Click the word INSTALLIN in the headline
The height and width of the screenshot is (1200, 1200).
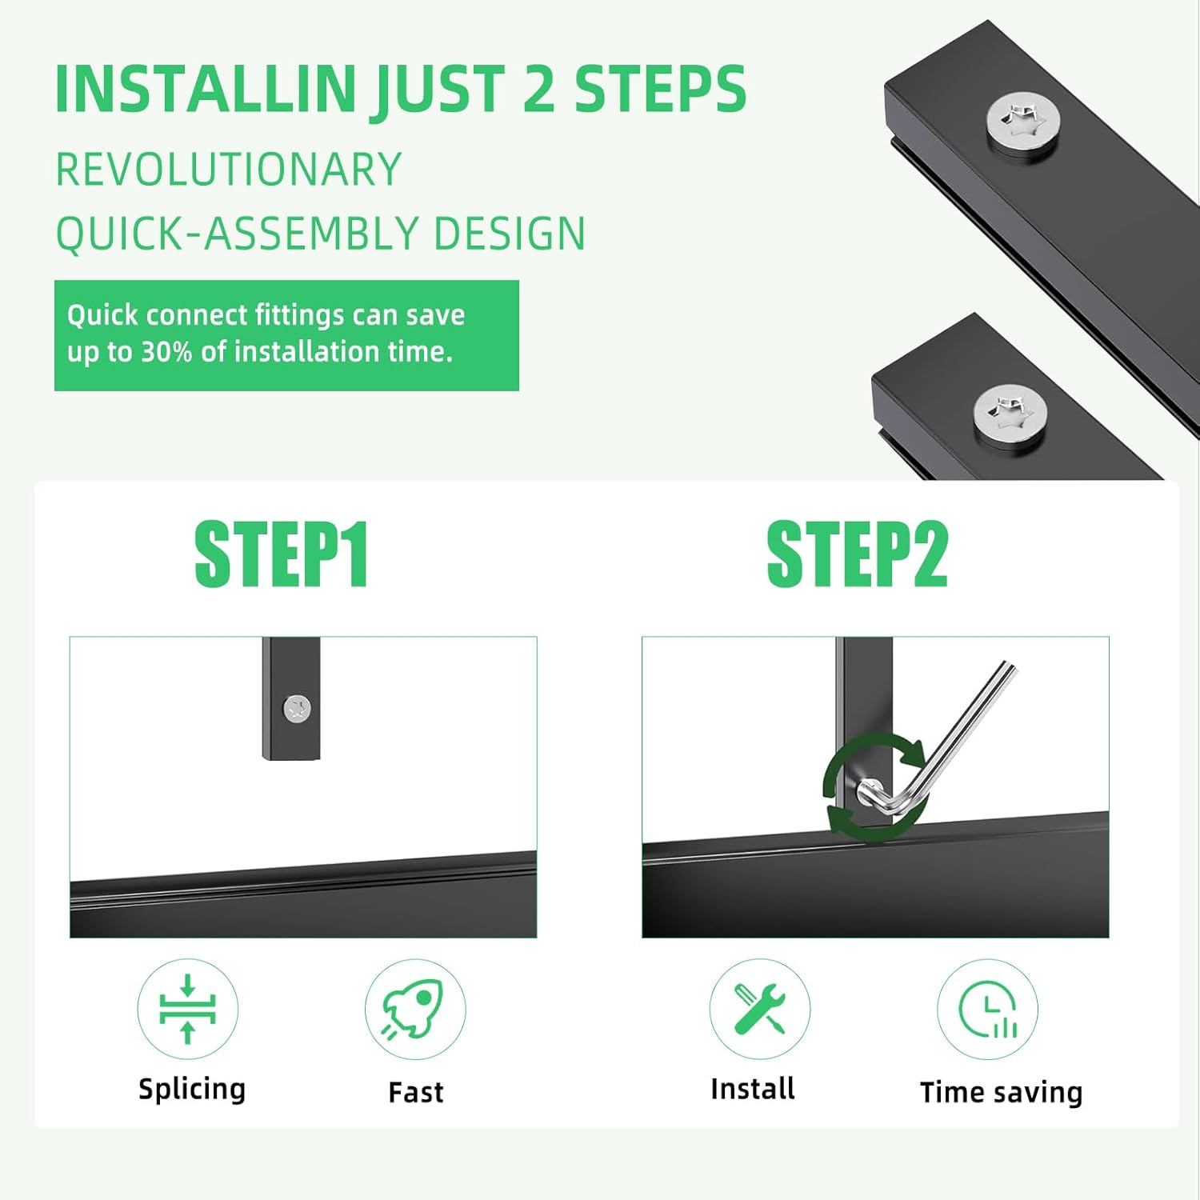click(x=206, y=89)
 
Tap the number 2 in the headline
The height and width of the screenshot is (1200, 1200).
click(x=539, y=88)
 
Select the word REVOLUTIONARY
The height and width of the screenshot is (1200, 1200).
click(x=228, y=170)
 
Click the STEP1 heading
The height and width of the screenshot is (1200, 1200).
click(x=282, y=554)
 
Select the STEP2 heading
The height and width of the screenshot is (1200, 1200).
click(x=857, y=554)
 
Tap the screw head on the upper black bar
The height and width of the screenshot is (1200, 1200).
click(x=1023, y=125)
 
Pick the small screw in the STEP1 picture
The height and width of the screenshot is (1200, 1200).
click(x=298, y=708)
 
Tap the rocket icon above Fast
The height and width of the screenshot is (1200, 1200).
click(x=414, y=1010)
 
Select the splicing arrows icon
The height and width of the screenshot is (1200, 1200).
click(x=188, y=1009)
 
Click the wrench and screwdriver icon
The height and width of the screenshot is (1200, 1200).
click(x=759, y=1009)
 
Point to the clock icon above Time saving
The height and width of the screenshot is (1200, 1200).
click(x=989, y=1010)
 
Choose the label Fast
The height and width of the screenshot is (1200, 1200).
click(x=416, y=1092)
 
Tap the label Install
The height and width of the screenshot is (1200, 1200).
click(x=753, y=1089)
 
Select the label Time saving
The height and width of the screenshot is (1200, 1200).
click(x=1002, y=1093)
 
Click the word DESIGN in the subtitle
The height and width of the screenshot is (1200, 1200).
click(x=510, y=234)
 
